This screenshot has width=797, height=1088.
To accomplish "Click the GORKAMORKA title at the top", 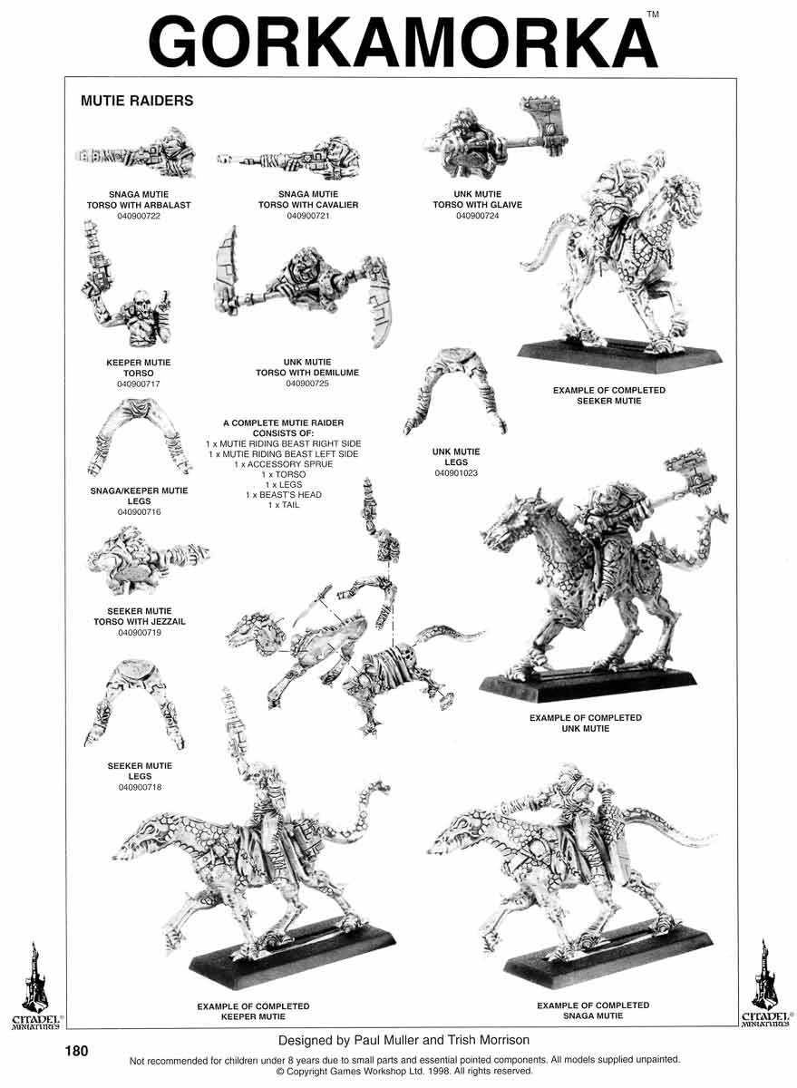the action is tap(403, 43).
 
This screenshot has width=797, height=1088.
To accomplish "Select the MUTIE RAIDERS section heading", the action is tap(137, 101).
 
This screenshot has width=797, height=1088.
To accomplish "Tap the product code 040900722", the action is tap(139, 216).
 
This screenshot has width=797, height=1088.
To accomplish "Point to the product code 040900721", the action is tap(308, 216).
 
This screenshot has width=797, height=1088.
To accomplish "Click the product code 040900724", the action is tap(478, 216).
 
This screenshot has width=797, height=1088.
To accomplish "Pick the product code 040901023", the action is tap(456, 473).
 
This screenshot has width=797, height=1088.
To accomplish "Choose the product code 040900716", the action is tap(139, 512).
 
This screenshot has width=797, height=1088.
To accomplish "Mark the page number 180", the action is tap(77, 1051).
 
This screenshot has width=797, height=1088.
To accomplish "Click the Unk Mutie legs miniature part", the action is tap(455, 392).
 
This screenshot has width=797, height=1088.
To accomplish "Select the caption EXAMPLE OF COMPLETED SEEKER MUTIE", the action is tap(609, 395).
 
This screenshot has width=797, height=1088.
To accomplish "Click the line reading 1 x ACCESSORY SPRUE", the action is tap(284, 464).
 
